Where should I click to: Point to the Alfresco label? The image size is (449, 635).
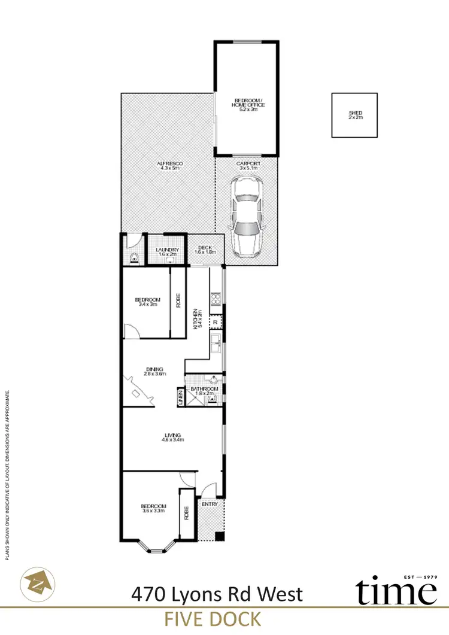[171, 166]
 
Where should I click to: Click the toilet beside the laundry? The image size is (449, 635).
[134, 258]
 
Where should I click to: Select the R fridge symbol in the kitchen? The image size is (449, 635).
[216, 323]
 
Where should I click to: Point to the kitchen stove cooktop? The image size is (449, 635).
[215, 297]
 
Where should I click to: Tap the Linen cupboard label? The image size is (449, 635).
[180, 398]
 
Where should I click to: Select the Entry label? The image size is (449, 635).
[210, 505]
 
